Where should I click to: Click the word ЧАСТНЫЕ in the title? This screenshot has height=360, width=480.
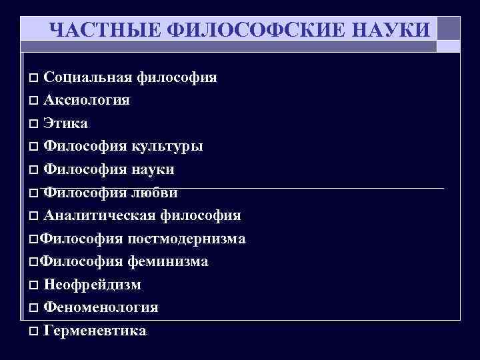click(x=93, y=30)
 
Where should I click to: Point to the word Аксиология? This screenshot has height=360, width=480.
click(x=87, y=101)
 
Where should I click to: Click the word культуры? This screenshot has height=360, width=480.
click(x=169, y=147)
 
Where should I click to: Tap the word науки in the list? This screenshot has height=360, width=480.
click(x=151, y=169)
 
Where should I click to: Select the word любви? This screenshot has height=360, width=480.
click(x=153, y=193)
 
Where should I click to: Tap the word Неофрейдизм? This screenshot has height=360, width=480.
click(x=92, y=285)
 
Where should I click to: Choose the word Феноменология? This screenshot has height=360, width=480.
click(x=101, y=307)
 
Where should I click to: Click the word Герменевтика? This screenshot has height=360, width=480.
click(x=95, y=331)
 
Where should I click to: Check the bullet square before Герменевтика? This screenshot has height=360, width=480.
click(x=34, y=331)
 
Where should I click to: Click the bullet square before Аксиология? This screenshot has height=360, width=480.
click(x=34, y=101)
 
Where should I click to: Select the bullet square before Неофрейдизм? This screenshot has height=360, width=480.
click(x=34, y=285)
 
